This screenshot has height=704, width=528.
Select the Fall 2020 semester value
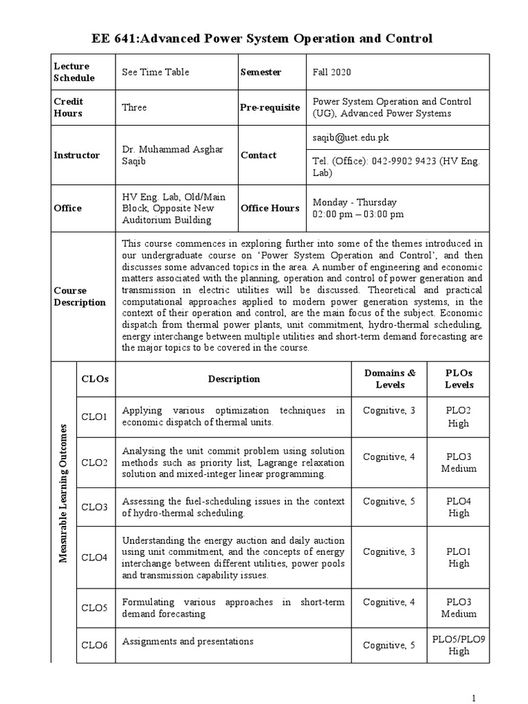333,72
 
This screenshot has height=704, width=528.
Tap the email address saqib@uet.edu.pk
349,137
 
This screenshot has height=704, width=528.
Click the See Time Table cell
155,72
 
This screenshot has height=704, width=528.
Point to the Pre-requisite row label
269,107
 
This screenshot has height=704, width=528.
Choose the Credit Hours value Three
134,107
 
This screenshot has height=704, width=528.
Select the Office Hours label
269,208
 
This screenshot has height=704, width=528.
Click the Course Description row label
80,296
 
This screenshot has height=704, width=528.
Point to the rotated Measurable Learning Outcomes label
63,493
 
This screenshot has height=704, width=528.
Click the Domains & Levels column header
390,378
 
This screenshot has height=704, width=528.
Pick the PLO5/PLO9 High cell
459,645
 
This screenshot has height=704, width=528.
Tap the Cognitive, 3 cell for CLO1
389,410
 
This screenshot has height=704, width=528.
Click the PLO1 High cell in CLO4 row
459,558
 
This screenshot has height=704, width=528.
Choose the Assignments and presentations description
187,641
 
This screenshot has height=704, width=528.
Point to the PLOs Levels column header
459,378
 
